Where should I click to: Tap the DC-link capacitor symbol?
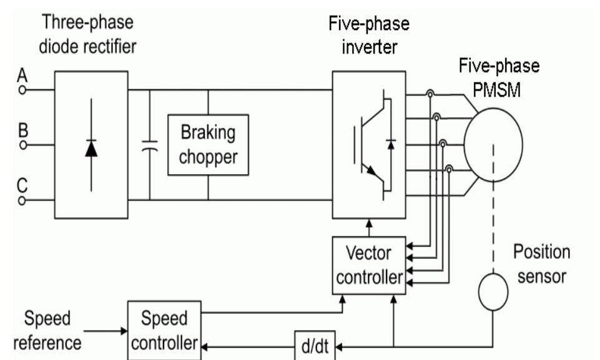(150, 145)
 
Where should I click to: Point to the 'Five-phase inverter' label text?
(368, 37)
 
